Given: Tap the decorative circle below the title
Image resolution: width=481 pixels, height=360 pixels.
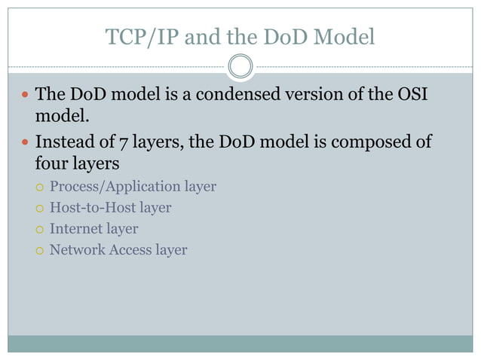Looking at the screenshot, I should click(x=240, y=67).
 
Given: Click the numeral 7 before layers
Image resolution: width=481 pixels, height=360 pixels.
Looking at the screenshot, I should click(x=124, y=142).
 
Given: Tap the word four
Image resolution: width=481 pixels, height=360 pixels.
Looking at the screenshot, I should click(x=51, y=163).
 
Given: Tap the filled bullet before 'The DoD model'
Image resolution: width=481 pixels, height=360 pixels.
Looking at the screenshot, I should click(x=24, y=96).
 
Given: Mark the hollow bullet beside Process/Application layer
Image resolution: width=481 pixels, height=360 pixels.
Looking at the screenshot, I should click(x=39, y=187).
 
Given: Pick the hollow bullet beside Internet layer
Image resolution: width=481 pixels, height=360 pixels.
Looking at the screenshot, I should click(x=39, y=229).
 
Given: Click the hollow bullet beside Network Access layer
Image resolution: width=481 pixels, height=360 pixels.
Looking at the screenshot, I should click(x=39, y=250).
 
